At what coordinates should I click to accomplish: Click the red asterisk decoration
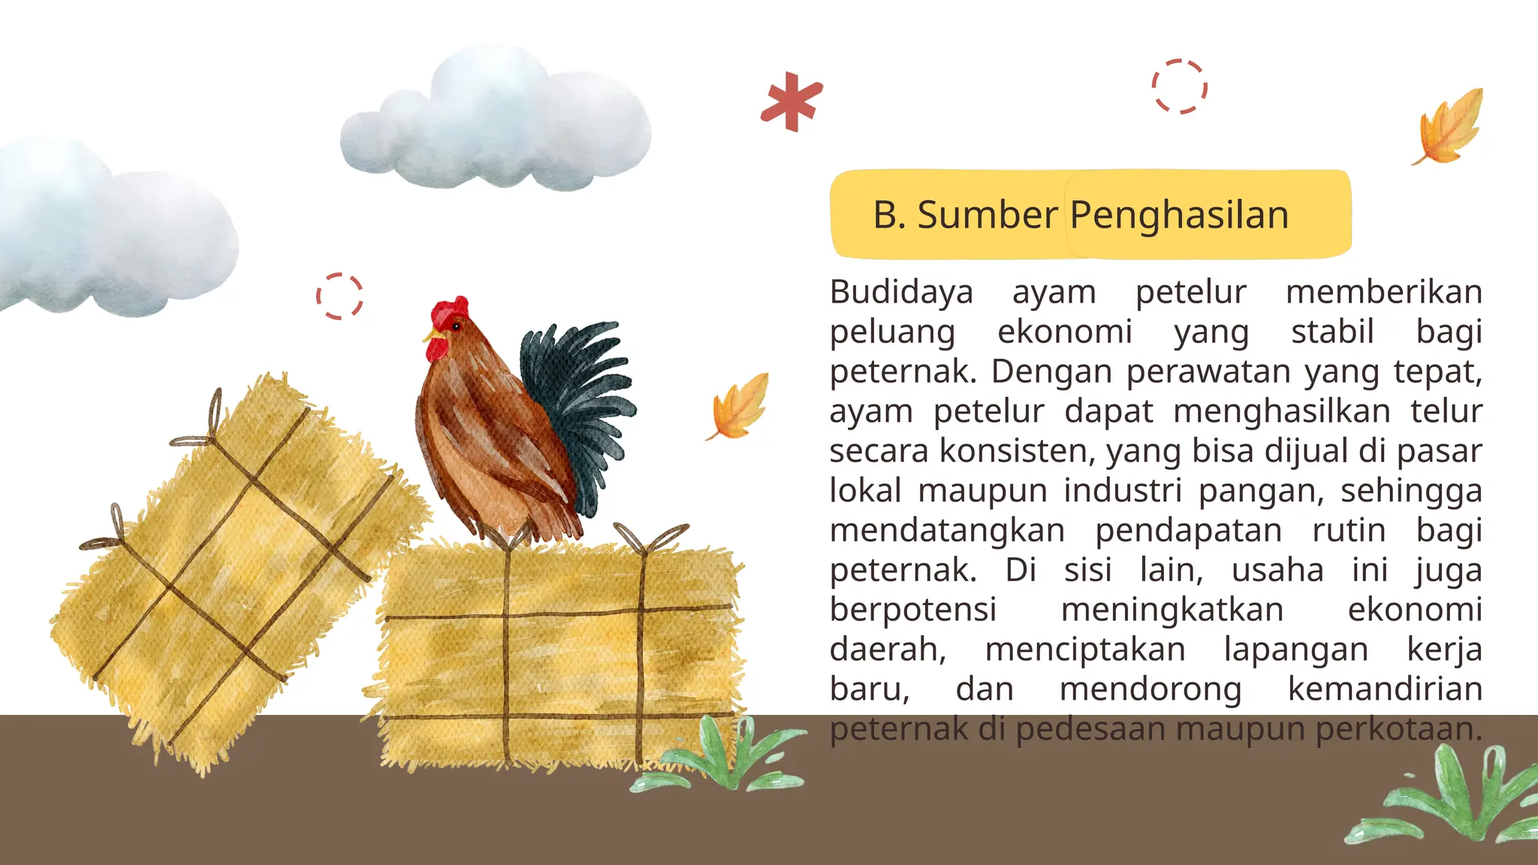tap(791, 101)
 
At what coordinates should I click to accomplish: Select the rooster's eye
tap(456, 327)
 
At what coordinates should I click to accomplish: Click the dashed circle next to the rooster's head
tap(339, 296)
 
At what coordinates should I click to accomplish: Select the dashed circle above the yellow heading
tap(1180, 86)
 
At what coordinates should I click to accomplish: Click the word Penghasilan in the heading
tap(1179, 215)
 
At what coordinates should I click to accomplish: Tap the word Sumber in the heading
tap(988, 215)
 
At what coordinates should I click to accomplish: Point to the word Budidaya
tap(901, 292)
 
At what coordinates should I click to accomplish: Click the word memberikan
tap(1383, 292)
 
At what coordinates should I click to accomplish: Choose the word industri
tap(1122, 491)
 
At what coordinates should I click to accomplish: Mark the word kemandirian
tap(1385, 689)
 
